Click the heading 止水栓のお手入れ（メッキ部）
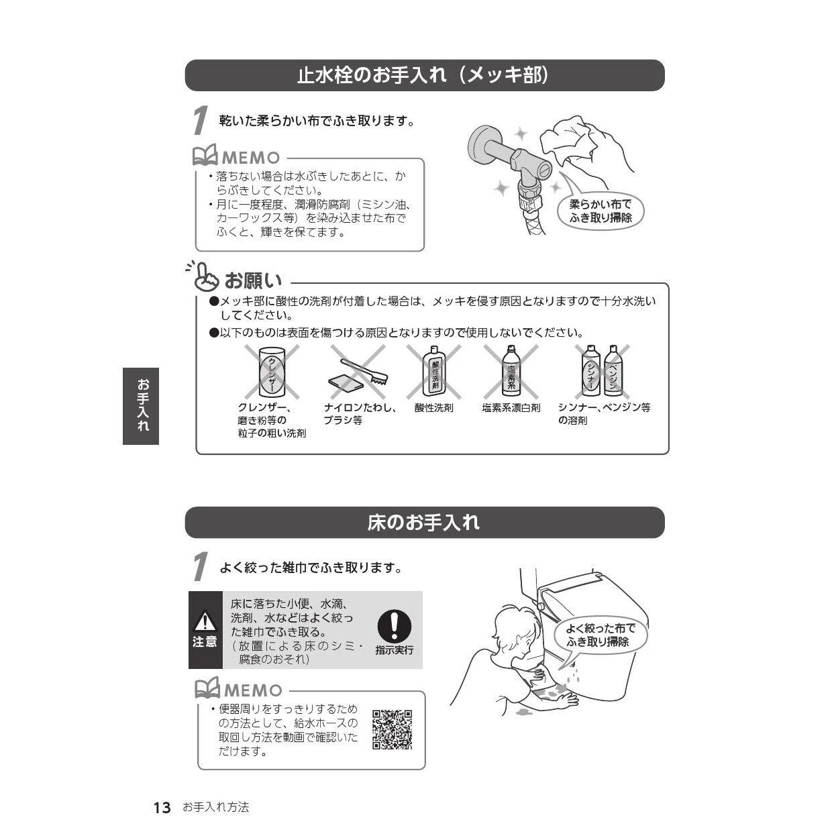tap(423, 75)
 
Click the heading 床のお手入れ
tap(423, 522)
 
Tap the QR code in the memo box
tap(392, 729)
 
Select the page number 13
tap(162, 808)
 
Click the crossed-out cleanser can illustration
tap(272, 372)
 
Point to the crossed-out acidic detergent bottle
tap(434, 372)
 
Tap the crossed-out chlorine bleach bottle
tap(511, 372)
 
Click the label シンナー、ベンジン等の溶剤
tap(604, 413)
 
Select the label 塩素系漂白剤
tap(511, 407)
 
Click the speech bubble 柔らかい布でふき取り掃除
tap(600, 211)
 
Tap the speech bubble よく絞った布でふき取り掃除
tap(600, 635)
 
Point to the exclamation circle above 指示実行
tap(394, 625)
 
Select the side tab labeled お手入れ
tap(141, 405)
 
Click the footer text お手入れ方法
tap(215, 808)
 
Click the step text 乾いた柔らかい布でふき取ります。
tap(317, 121)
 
